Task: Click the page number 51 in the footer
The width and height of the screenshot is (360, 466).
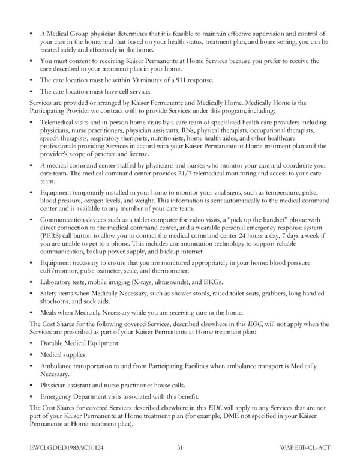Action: [x=180, y=447]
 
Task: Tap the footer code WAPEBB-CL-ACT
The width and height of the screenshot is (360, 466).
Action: [x=304, y=447]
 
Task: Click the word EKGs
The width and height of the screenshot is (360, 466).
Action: [x=212, y=282]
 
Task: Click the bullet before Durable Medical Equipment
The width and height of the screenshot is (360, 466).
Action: [x=31, y=344]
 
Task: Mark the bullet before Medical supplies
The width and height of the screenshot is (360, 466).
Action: [x=31, y=355]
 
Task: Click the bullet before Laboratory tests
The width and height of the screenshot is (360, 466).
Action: [x=31, y=282]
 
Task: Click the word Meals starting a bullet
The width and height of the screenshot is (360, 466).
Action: [x=50, y=313]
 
